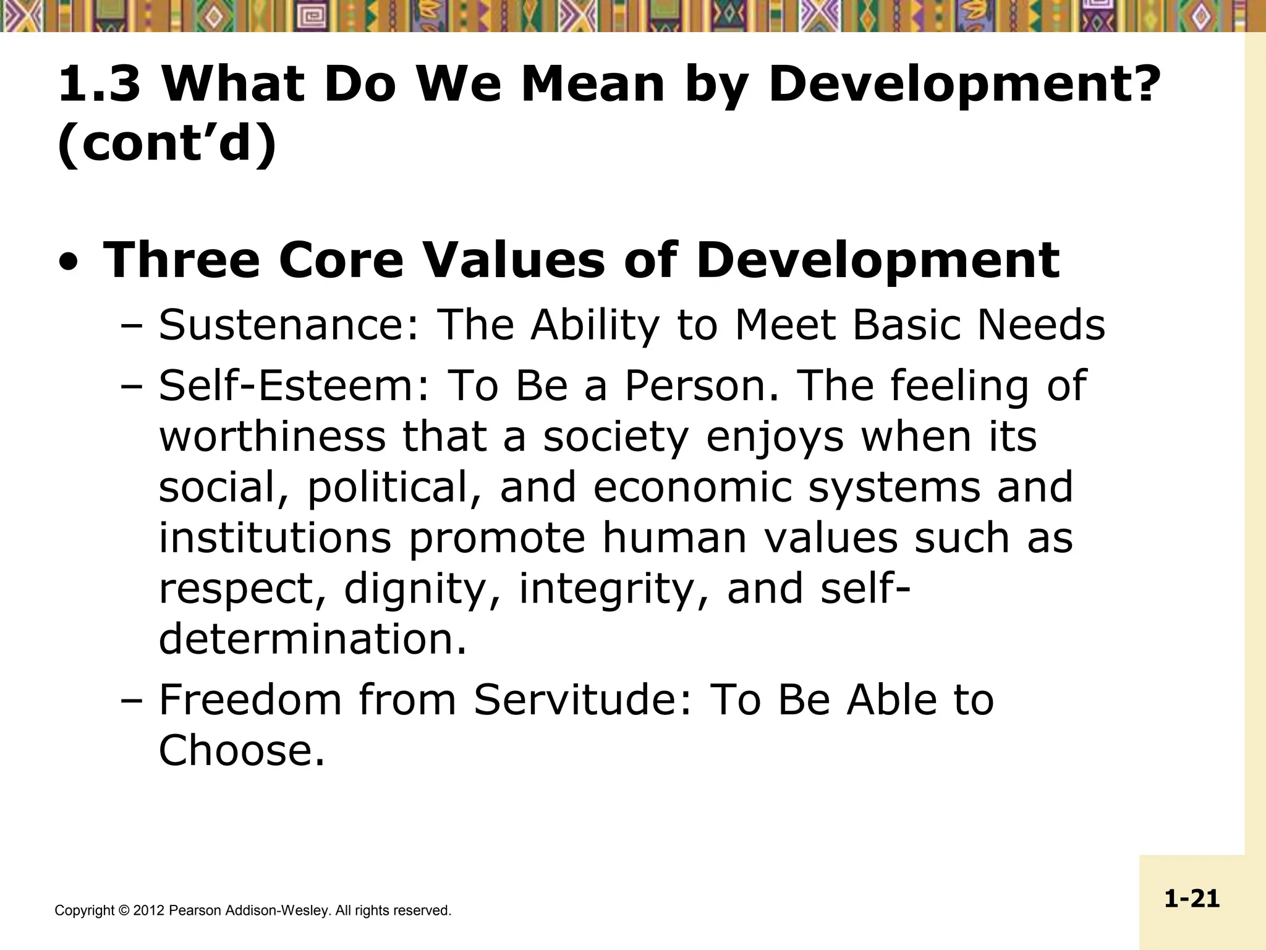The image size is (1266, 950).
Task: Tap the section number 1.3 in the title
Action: point(99,85)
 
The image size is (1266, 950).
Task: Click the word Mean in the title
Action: point(593,85)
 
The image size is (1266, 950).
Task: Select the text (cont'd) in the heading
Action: point(167,144)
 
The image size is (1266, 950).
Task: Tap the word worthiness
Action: point(272,437)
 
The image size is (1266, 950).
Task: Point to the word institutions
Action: point(275,538)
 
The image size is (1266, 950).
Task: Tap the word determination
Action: point(312,640)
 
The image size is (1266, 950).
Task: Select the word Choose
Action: point(241,751)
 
